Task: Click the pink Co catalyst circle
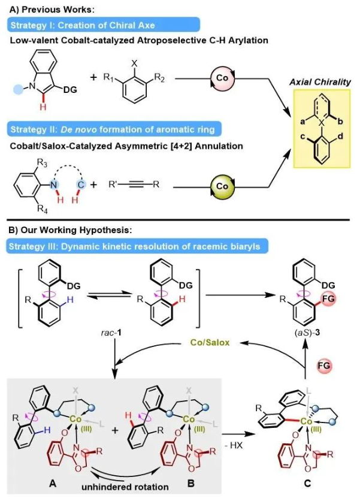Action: [x=220, y=79]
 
